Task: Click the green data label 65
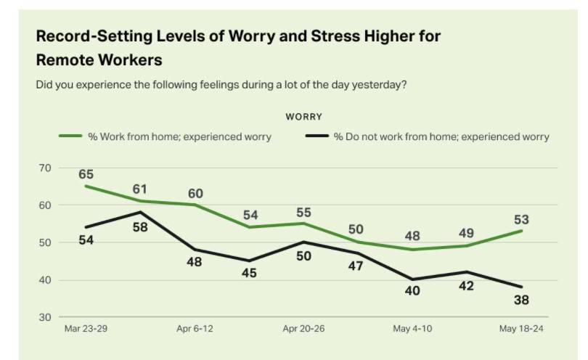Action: pyautogui.click(x=86, y=174)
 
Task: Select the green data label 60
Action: pyautogui.click(x=195, y=193)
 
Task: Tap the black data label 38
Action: pyautogui.click(x=521, y=300)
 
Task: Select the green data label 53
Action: pyautogui.click(x=521, y=219)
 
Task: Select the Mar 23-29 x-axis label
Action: pyautogui.click(x=86, y=329)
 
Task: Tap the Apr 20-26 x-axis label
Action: pyautogui.click(x=303, y=329)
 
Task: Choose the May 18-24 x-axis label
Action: pyautogui.click(x=520, y=329)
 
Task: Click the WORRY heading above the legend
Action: pyautogui.click(x=303, y=116)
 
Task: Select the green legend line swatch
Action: pyautogui.click(x=70, y=136)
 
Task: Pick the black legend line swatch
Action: pyautogui.click(x=316, y=136)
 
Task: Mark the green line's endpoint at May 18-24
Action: pyautogui.click(x=521, y=231)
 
